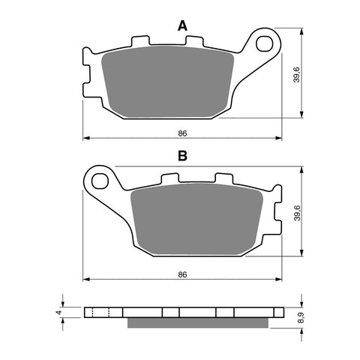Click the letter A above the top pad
click(x=181, y=26)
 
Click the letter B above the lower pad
click(x=181, y=157)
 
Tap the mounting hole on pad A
click(x=264, y=43)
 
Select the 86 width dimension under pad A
click(x=181, y=133)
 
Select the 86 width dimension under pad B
click(x=181, y=275)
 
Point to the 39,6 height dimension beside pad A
click(x=297, y=75)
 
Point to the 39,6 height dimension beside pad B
click(x=297, y=214)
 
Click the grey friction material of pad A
click(x=169, y=82)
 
